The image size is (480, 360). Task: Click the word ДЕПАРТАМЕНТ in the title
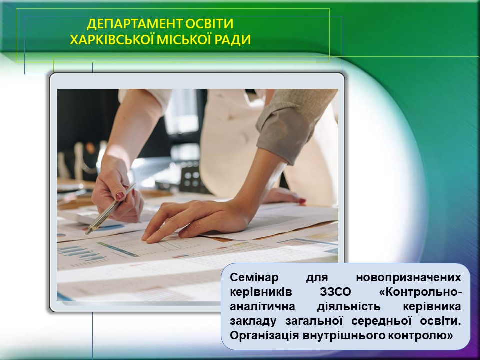click(x=134, y=24)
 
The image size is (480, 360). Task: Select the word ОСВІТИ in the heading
click(x=209, y=24)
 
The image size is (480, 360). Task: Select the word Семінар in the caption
click(x=254, y=277)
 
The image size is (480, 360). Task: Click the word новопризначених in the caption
click(x=408, y=277)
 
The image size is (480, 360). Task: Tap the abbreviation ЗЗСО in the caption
click(x=335, y=292)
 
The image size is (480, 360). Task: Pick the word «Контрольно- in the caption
click(x=420, y=292)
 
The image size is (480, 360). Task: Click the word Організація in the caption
click(x=264, y=335)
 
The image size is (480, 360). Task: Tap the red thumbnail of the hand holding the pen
click(x=119, y=196)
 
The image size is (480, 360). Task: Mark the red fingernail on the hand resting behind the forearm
click(x=302, y=201)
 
